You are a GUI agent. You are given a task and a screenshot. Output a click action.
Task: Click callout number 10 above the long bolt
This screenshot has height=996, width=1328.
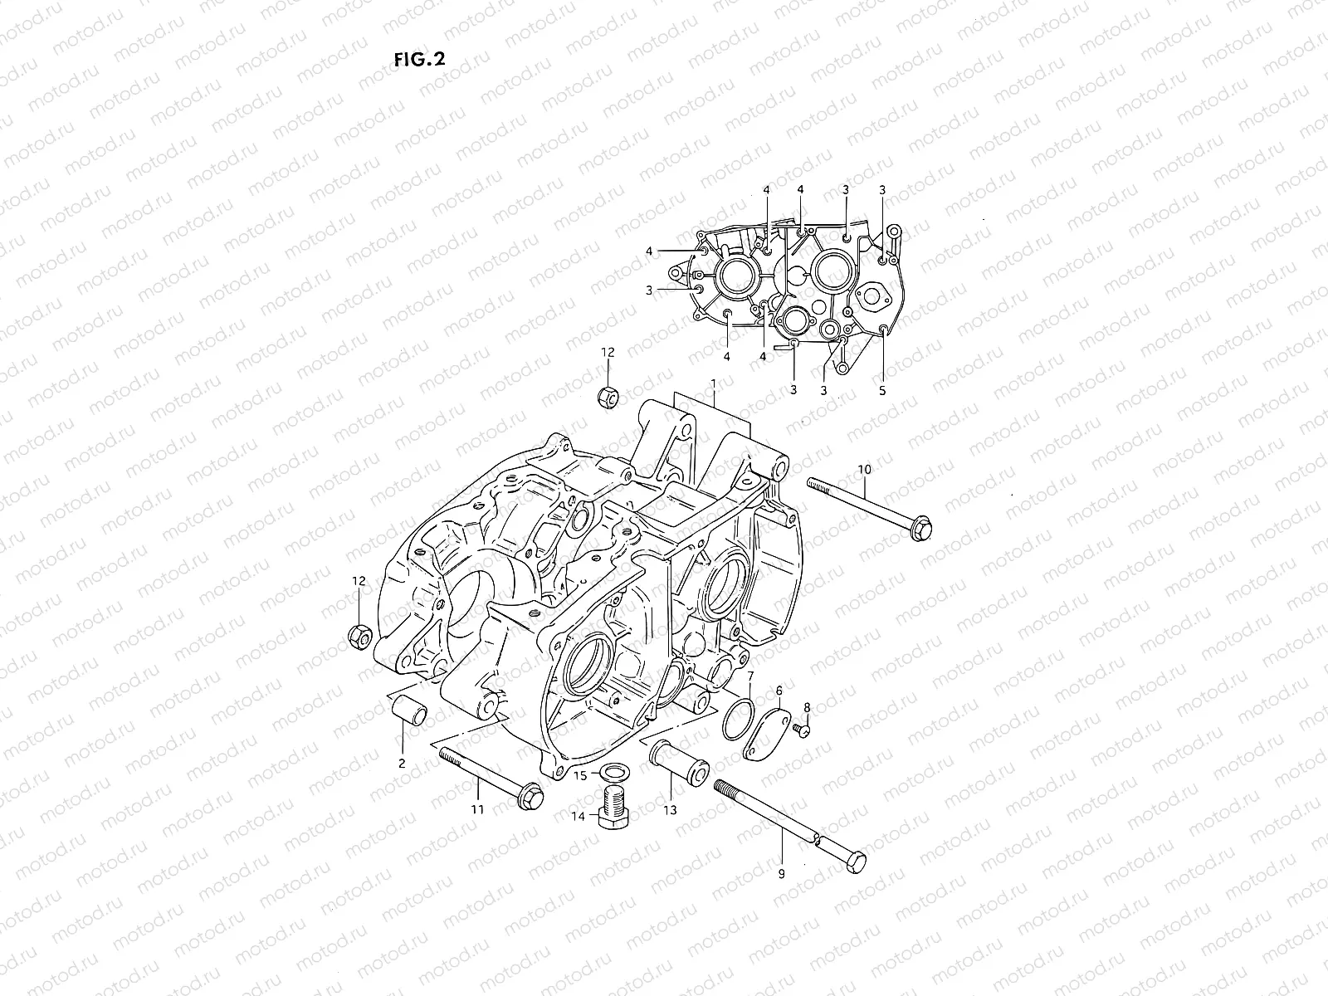coord(864,470)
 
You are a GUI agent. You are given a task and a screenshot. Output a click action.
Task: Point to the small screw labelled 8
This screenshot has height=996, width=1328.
coord(802,728)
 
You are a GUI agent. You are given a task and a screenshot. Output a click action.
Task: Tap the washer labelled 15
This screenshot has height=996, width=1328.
coord(613,774)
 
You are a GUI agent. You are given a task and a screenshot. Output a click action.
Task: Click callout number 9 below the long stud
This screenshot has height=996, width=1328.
coord(780,872)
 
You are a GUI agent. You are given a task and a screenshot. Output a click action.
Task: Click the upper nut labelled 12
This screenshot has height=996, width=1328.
coord(608,397)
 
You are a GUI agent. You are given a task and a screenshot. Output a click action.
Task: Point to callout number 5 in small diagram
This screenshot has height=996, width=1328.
coord(882,389)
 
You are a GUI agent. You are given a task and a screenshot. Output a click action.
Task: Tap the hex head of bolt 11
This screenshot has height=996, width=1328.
coord(533,797)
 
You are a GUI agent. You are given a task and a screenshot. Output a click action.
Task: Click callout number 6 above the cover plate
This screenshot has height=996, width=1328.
coord(779,691)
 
